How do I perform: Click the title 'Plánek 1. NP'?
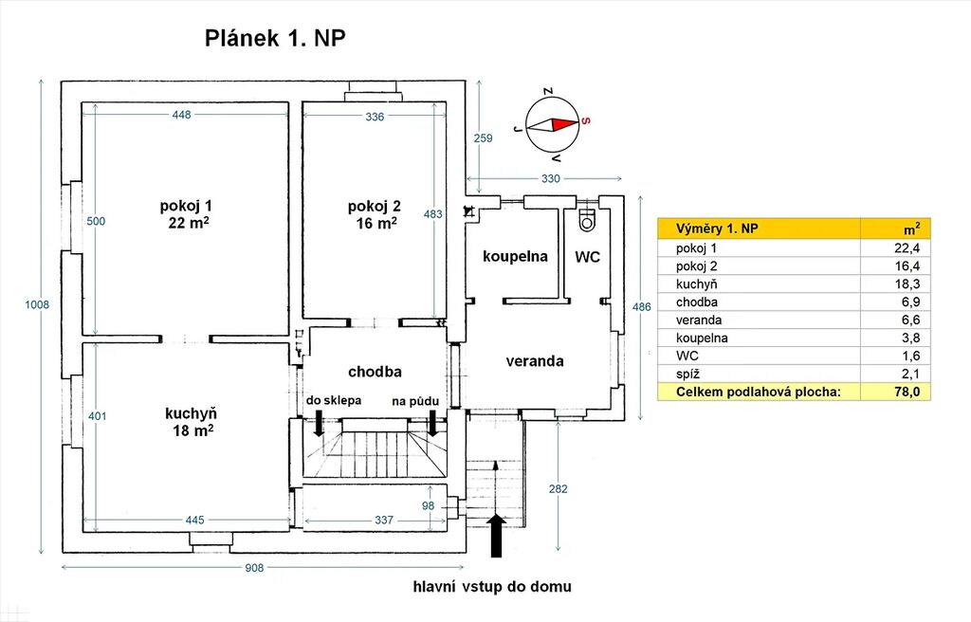click(275, 39)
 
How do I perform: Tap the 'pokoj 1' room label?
click(186, 206)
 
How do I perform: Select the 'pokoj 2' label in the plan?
click(374, 207)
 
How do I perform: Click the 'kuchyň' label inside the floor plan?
click(191, 413)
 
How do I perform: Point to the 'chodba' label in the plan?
click(375, 372)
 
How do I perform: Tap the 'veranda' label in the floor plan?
click(535, 361)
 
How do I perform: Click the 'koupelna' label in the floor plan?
click(515, 257)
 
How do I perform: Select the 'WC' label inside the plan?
click(587, 257)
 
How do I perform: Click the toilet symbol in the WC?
click(586, 220)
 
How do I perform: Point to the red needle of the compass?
click(565, 124)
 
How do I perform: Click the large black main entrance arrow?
click(497, 536)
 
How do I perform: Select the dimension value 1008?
click(37, 304)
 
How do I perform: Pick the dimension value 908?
click(254, 568)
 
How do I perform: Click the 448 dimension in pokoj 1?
click(182, 115)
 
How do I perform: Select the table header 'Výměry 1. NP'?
click(717, 229)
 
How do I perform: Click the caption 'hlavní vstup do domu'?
click(492, 586)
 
